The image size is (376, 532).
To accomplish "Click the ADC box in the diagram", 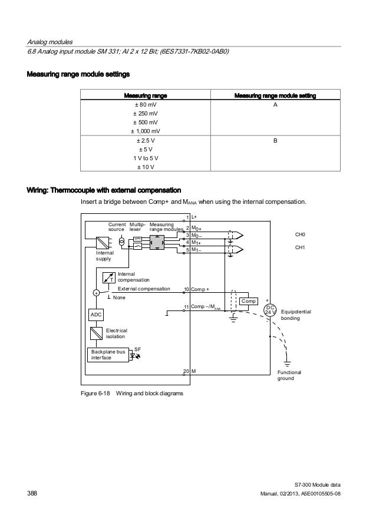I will point(95,315).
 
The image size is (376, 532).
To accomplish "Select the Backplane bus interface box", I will point(107,354).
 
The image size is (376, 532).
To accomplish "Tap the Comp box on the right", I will point(249,301).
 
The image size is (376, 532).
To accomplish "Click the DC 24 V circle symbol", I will point(271,310).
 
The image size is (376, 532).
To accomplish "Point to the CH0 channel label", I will point(300,234).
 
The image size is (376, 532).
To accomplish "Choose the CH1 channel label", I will point(300,248).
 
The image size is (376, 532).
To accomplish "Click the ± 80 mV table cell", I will point(144,104).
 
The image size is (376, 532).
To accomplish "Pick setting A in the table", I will point(275,104).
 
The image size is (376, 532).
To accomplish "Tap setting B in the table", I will point(275,141).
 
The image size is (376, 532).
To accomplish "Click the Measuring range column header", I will point(144,94).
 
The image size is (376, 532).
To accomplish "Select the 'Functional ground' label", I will point(289,375).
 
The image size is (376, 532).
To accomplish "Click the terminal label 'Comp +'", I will point(201,289).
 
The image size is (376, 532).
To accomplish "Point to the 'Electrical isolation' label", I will point(117,334).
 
